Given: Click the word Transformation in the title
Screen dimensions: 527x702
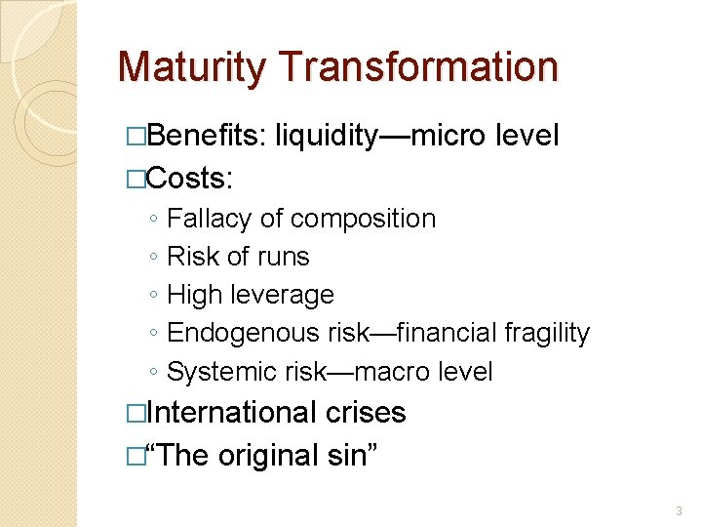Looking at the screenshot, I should (x=418, y=67).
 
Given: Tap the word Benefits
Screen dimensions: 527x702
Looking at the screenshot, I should (x=207, y=136).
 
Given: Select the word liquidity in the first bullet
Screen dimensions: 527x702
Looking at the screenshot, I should (x=326, y=136).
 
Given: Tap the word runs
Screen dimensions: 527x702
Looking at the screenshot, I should (x=285, y=257).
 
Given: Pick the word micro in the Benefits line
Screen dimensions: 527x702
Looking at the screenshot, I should (x=448, y=136).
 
